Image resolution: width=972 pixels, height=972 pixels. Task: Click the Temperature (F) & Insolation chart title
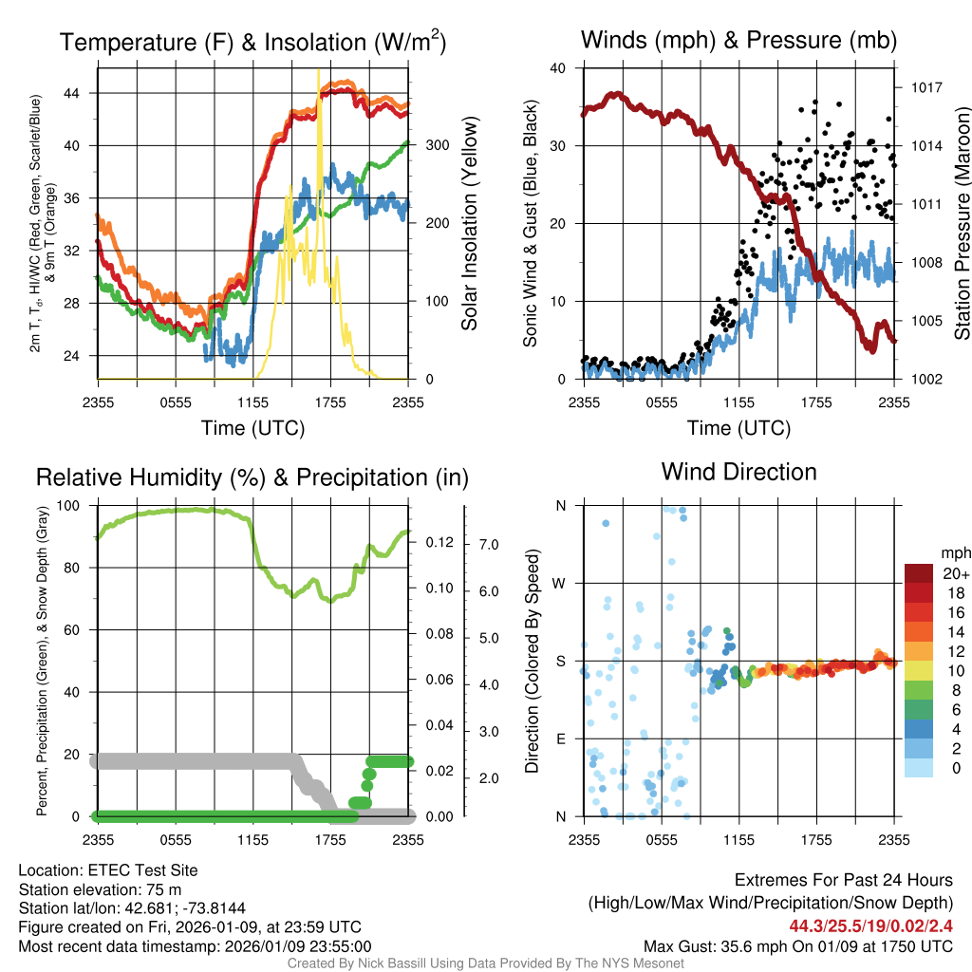pyautogui.click(x=252, y=42)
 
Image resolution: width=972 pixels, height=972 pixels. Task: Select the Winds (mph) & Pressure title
pyautogui.click(x=738, y=40)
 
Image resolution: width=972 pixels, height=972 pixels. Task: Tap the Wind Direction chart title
pyautogui.click(x=738, y=471)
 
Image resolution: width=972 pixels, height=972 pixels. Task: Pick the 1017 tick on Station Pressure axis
pyautogui.click(x=925, y=87)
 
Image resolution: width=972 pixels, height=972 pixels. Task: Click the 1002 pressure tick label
pyautogui.click(x=925, y=379)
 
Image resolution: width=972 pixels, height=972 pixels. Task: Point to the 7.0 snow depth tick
pyautogui.click(x=488, y=545)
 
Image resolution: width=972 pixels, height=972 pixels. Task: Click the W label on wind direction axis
pyautogui.click(x=560, y=583)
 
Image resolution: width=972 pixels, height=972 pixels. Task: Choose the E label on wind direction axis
pyautogui.click(x=560, y=738)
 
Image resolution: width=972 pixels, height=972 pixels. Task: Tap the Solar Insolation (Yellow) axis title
pyautogui.click(x=470, y=224)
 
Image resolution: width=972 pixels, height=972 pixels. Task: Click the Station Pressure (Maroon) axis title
pyautogui.click(x=962, y=224)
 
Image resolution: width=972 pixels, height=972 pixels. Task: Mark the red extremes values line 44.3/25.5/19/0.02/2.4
pyautogui.click(x=871, y=925)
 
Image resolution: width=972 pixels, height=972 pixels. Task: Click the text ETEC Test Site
pyautogui.click(x=138, y=869)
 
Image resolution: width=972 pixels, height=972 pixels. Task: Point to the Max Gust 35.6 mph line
pyautogui.click(x=797, y=946)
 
